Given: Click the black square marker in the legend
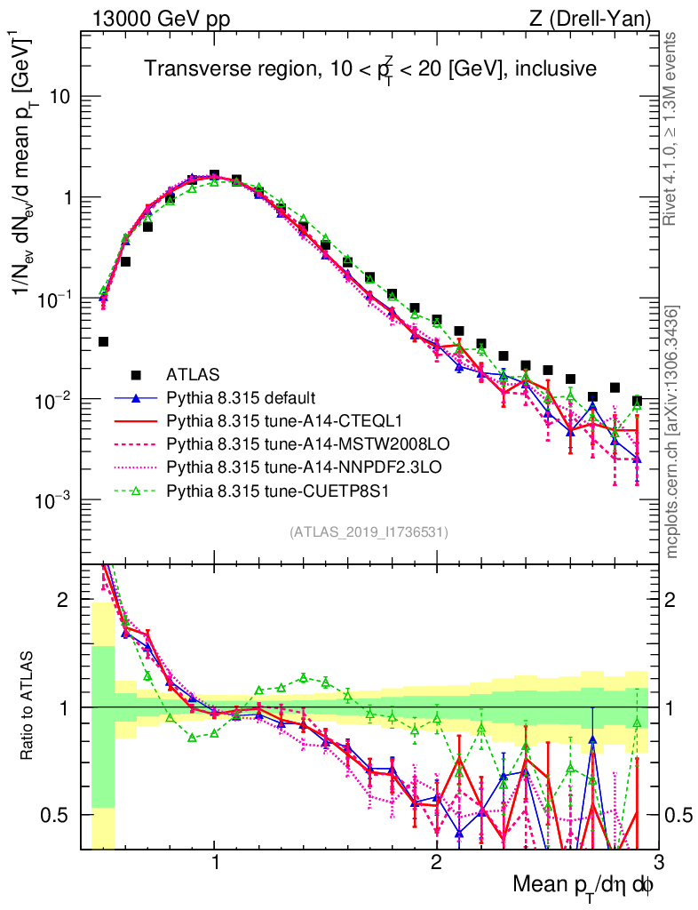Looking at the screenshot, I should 136,373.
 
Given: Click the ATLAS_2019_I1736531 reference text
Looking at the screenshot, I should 369,532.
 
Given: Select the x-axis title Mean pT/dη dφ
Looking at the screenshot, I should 583,884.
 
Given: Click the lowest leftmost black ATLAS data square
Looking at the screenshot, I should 104,341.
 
